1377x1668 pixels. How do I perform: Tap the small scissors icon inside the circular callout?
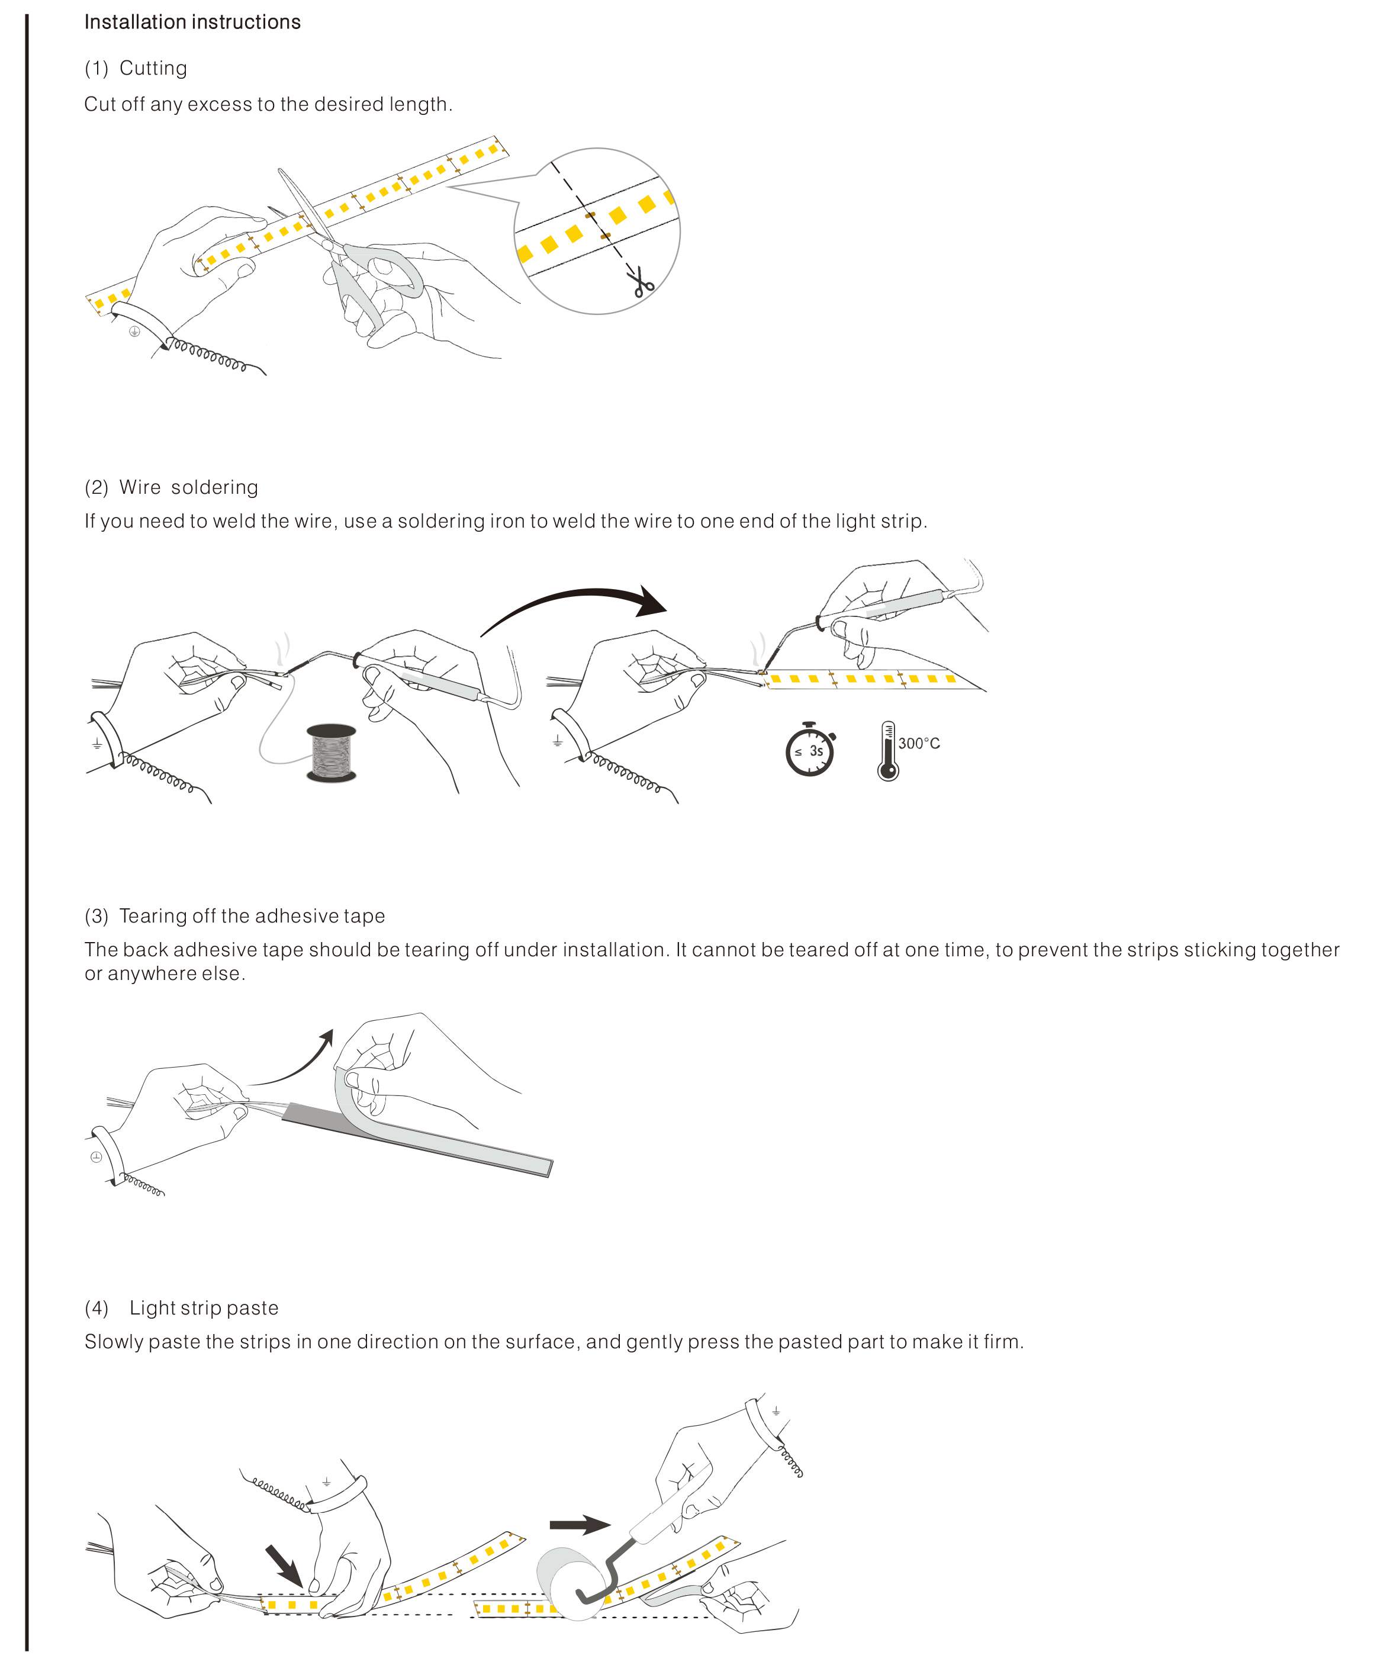click(642, 283)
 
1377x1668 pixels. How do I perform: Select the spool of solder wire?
click(331, 752)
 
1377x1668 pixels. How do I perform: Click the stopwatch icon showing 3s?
click(810, 750)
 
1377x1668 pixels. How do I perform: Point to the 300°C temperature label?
click(919, 743)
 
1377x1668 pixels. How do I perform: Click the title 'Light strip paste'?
click(204, 1308)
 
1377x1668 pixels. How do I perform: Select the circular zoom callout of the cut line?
click(597, 231)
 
